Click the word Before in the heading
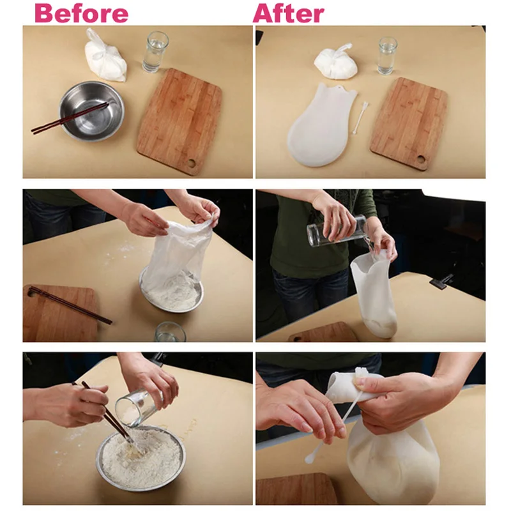pyautogui.click(x=82, y=13)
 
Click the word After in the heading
pyautogui.click(x=289, y=13)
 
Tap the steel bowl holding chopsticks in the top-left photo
pyautogui.click(x=91, y=111)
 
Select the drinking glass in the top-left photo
pyautogui.click(x=155, y=52)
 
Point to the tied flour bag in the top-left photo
pyautogui.click(x=104, y=57)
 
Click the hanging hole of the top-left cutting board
pyautogui.click(x=192, y=162)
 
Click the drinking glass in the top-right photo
pyautogui.click(x=388, y=56)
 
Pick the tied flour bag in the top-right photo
pyautogui.click(x=336, y=63)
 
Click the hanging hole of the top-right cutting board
pyautogui.click(x=421, y=160)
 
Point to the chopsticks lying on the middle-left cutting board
pyautogui.click(x=70, y=305)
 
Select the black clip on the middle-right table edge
pyautogui.click(x=441, y=281)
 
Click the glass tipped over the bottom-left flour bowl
pyautogui.click(x=139, y=408)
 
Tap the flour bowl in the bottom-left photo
pyautogui.click(x=141, y=457)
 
